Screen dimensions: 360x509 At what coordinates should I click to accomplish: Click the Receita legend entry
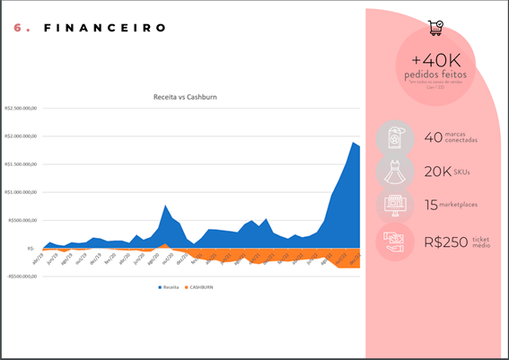pos(169,287)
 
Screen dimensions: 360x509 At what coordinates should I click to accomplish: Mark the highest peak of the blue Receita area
pos(354,142)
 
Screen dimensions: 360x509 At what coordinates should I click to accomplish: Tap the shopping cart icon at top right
pos(435,29)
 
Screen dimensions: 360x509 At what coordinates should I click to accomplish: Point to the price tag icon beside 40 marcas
pos(395,137)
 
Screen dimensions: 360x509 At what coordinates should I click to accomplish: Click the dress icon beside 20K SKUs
pos(395,171)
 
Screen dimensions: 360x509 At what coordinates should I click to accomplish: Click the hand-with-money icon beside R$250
pos(395,241)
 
